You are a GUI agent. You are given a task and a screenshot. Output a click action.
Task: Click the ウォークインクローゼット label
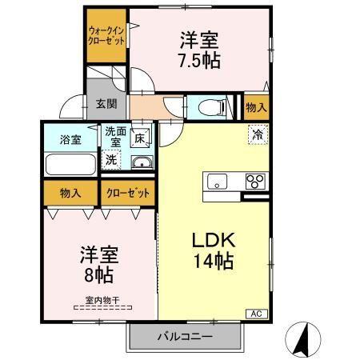[106, 35]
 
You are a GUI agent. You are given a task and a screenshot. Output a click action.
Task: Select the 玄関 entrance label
[106, 103]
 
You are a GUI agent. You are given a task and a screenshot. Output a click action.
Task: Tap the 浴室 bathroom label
[69, 138]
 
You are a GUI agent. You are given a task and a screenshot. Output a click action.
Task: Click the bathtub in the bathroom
[70, 164]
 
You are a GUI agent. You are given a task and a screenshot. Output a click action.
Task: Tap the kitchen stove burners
[255, 179]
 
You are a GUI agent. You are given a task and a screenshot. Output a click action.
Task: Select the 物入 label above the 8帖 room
[70, 193]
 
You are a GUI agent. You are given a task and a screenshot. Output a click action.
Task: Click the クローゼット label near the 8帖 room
[127, 193]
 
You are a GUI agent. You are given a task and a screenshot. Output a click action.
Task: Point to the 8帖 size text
[98, 274]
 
